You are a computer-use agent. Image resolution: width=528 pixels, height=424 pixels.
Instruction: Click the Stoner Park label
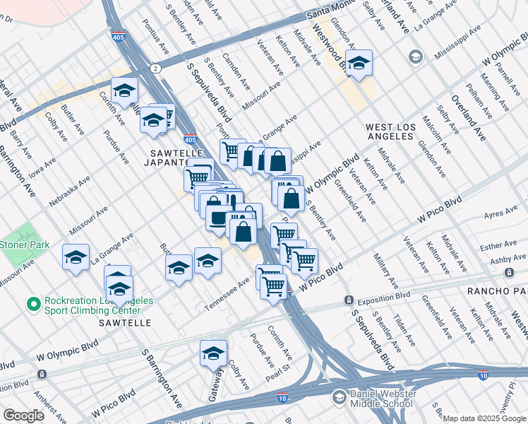coord(18,245)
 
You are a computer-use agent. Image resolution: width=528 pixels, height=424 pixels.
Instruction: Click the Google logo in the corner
coord(23,416)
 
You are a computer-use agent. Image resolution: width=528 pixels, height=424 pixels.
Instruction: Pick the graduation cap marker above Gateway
coord(213,354)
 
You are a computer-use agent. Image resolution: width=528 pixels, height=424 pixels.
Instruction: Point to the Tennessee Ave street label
coord(228,293)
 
